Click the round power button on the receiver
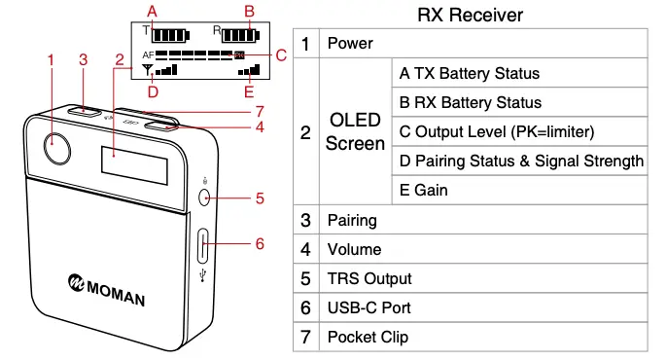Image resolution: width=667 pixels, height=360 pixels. (57, 149)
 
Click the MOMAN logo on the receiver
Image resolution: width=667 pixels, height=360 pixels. (106, 286)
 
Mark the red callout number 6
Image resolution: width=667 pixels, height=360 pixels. (260, 243)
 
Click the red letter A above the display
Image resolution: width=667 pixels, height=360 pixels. (152, 11)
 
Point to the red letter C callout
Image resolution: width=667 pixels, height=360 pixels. (281, 54)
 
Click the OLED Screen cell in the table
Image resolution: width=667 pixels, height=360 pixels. (355, 131)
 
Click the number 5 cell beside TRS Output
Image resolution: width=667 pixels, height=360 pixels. (305, 278)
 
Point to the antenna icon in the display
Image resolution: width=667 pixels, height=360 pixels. (148, 70)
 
